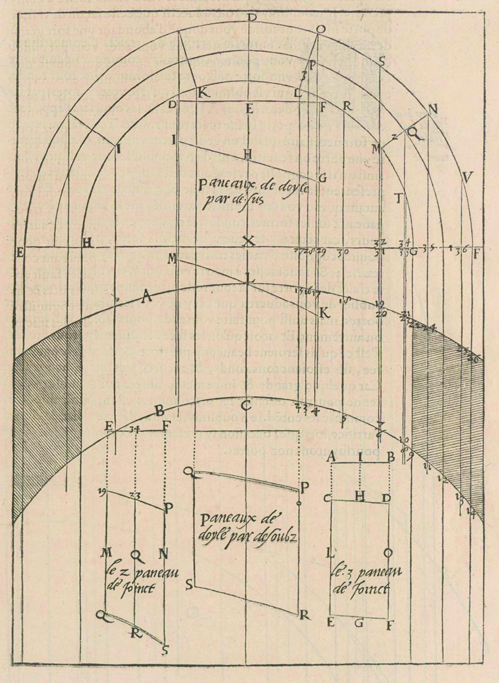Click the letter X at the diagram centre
(247, 242)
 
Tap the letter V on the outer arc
(465, 178)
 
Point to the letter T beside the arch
(398, 198)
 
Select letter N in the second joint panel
(163, 554)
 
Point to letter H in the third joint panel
(361, 495)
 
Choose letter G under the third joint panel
(359, 623)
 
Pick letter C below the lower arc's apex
(244, 405)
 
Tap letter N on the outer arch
(432, 109)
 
